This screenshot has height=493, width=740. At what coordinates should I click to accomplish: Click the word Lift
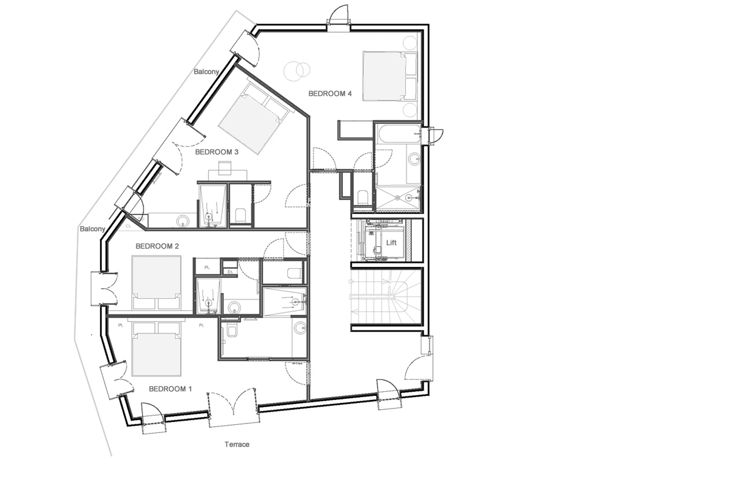click(x=391, y=243)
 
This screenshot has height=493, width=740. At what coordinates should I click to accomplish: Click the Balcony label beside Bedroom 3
click(x=206, y=72)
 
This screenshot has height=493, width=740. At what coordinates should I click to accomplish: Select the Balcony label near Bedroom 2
click(x=92, y=229)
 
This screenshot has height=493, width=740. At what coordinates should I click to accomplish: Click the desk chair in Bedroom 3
click(x=225, y=168)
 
